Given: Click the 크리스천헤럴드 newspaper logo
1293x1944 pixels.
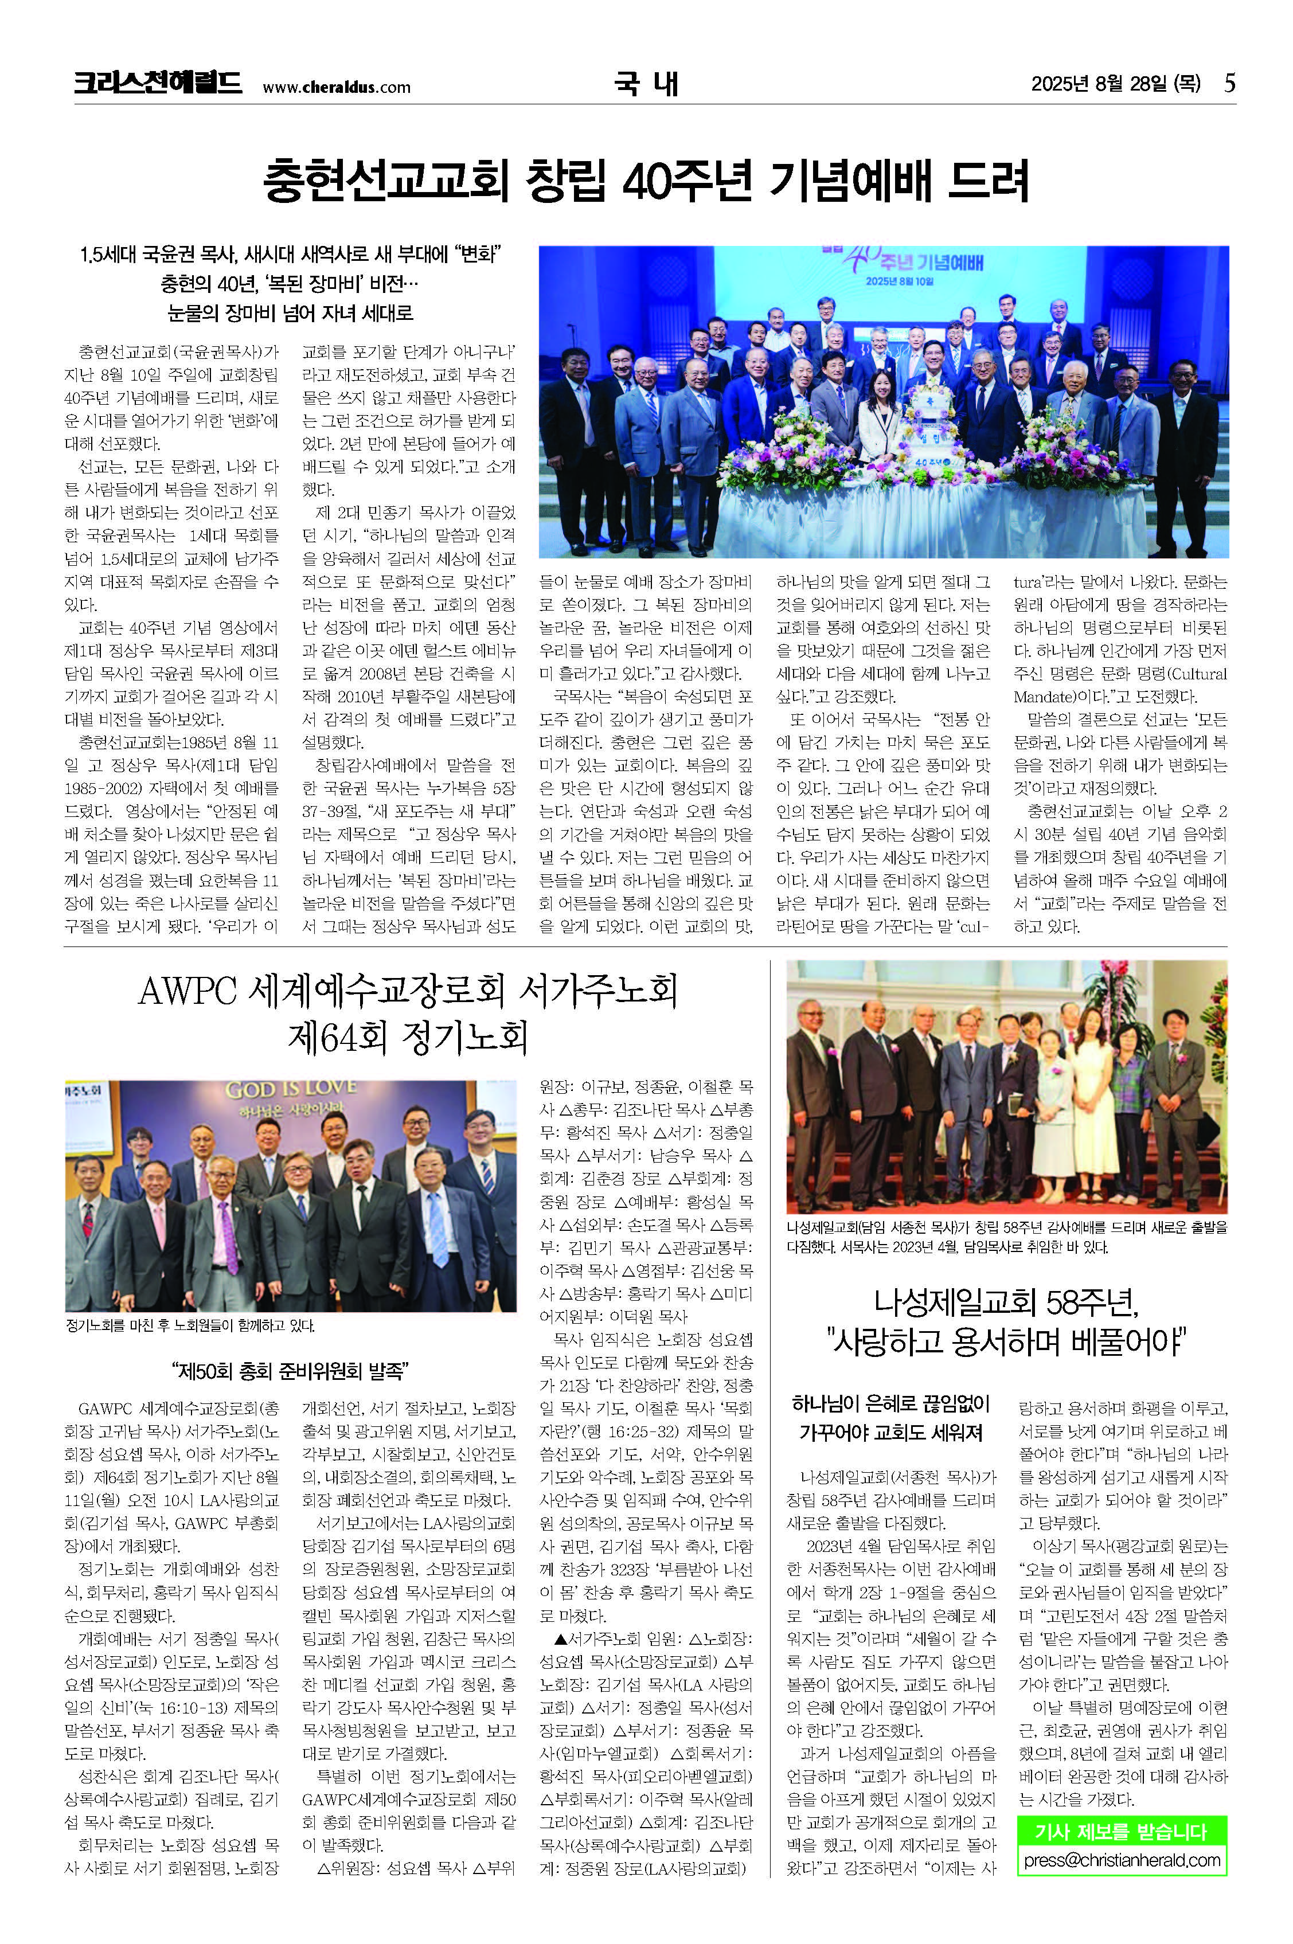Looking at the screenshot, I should tap(158, 83).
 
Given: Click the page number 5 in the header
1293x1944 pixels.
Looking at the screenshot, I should tap(1229, 83).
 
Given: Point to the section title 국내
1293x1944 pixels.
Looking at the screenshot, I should tap(646, 83).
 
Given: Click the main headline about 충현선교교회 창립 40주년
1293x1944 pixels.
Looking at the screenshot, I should tap(646, 181).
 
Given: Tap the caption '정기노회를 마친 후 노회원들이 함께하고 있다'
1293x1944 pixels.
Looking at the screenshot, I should tap(190, 1325).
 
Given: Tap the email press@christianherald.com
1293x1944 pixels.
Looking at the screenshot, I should tap(1122, 1860).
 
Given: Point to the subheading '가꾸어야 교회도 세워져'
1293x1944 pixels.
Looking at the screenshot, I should tap(890, 1432).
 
